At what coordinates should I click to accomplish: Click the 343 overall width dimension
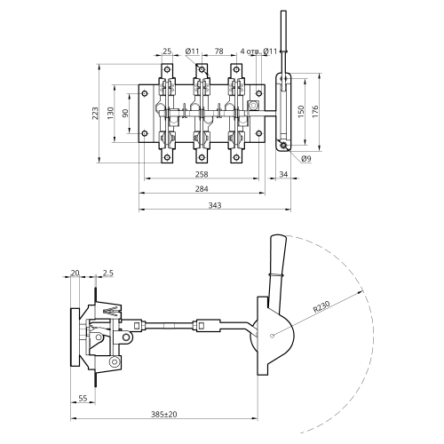click(215, 205)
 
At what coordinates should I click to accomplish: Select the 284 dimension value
click(202, 189)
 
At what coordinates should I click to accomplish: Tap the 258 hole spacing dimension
click(202, 174)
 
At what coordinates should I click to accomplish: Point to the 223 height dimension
click(95, 113)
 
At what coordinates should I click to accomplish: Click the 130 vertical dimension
click(110, 113)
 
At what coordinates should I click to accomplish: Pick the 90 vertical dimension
click(125, 113)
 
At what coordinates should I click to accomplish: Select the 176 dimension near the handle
click(315, 112)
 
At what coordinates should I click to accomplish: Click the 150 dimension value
click(301, 112)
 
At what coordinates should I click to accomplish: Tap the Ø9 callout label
click(306, 159)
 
